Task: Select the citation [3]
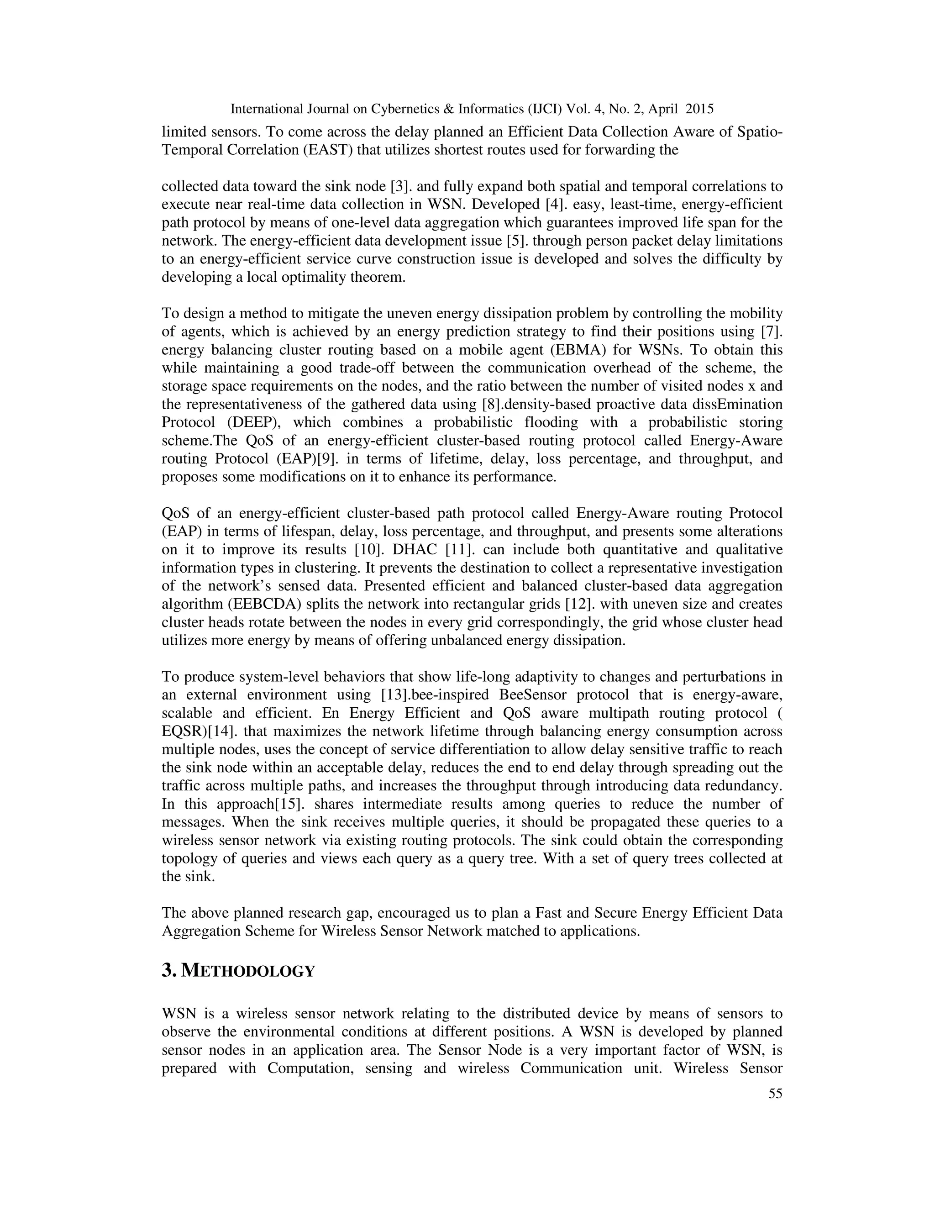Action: click(x=399, y=187)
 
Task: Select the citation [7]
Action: click(x=772, y=332)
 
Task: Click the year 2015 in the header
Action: click(x=699, y=109)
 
